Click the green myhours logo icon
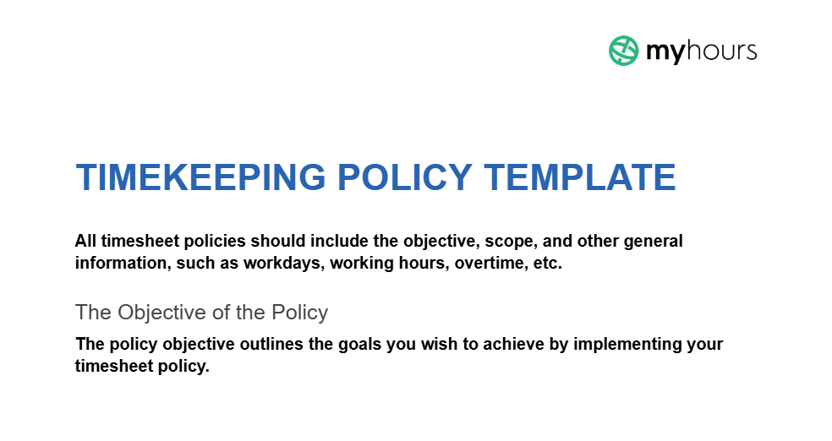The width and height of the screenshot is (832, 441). pos(623,51)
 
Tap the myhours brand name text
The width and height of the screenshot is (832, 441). pos(701,52)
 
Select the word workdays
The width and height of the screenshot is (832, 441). pos(283,263)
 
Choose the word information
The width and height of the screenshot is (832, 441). pos(122,263)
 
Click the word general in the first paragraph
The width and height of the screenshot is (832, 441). pos(654,241)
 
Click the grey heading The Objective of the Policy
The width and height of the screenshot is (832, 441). pos(201,313)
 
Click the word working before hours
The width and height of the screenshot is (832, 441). pos(361,263)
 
